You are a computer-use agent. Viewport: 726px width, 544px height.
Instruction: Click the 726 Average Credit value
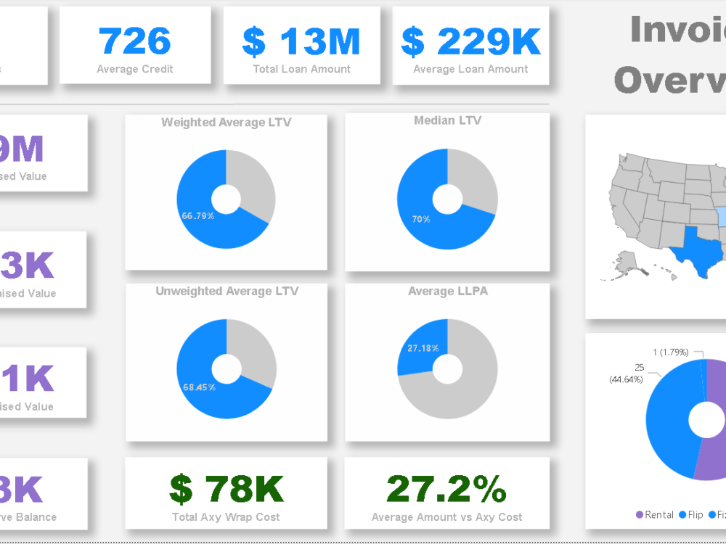click(135, 41)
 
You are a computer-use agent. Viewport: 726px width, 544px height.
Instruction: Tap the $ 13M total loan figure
click(301, 41)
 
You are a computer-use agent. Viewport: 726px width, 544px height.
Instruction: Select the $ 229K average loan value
click(471, 41)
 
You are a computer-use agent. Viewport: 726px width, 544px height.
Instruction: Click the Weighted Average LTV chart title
click(226, 123)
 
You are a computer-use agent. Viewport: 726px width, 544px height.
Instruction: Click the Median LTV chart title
click(447, 120)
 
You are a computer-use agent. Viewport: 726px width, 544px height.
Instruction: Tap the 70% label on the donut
click(421, 219)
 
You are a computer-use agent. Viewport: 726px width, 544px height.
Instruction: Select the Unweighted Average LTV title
click(227, 291)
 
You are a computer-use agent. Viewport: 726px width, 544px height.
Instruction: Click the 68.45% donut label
click(200, 387)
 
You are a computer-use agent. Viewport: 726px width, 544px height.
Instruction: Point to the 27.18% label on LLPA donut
click(423, 348)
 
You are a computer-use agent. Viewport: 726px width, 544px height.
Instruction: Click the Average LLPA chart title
click(447, 291)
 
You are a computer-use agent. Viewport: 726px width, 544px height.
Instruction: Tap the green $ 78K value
click(227, 489)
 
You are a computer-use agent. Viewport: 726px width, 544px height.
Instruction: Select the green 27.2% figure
click(446, 489)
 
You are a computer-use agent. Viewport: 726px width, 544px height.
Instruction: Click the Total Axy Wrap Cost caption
click(226, 517)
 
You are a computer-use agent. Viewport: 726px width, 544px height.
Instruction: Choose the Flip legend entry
click(690, 514)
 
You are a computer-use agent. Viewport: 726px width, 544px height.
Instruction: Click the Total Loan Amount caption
click(301, 69)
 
